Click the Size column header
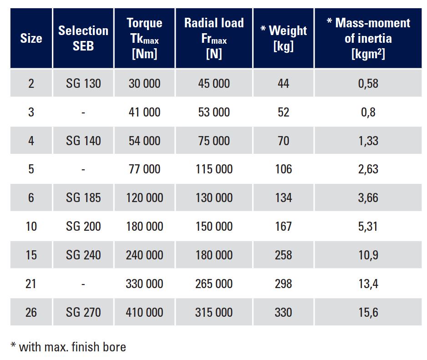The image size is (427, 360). click(31, 38)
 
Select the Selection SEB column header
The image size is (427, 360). click(83, 38)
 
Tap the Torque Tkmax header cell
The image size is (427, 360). click(144, 38)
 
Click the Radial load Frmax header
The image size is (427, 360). click(214, 38)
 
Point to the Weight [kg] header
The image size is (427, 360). click(283, 38)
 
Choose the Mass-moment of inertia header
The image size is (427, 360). click(368, 38)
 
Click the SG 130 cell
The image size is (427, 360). click(83, 83)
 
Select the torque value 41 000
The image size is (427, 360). click(144, 112)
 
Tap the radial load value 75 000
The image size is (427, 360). click(214, 141)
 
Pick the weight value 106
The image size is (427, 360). click(283, 169)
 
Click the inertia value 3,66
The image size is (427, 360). click(368, 198)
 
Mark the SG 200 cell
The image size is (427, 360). click(83, 226)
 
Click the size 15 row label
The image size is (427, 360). click(31, 255)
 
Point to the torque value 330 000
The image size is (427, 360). click(144, 284)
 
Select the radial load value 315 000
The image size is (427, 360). click(214, 312)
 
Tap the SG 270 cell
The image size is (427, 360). click(83, 312)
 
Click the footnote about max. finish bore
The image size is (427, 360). click(68, 347)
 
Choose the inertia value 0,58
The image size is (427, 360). click(368, 83)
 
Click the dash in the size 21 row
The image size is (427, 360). click(83, 284)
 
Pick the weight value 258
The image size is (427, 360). click(283, 255)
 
